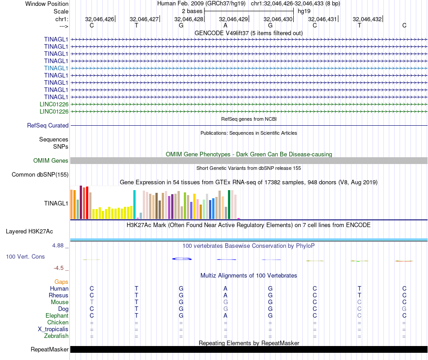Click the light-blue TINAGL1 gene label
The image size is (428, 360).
click(x=56, y=68)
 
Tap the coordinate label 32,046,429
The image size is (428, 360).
click(x=233, y=19)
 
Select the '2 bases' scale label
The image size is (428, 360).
click(x=192, y=11)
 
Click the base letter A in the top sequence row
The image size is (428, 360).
click(x=225, y=25)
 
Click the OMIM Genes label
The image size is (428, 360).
click(x=50, y=161)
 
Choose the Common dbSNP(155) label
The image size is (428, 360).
click(x=40, y=175)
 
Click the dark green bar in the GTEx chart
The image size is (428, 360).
click(x=229, y=205)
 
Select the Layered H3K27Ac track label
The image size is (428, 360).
click(x=29, y=232)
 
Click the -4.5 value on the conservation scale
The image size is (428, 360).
click(x=60, y=268)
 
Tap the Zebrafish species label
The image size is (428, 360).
click(x=56, y=336)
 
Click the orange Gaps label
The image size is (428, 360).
click(x=61, y=282)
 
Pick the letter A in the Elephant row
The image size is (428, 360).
click(x=226, y=316)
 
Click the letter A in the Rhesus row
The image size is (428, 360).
click(x=226, y=296)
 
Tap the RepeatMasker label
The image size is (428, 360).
click(x=50, y=350)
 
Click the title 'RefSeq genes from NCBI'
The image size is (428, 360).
click(x=249, y=119)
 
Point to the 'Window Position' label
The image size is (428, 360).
click(x=47, y=4)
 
